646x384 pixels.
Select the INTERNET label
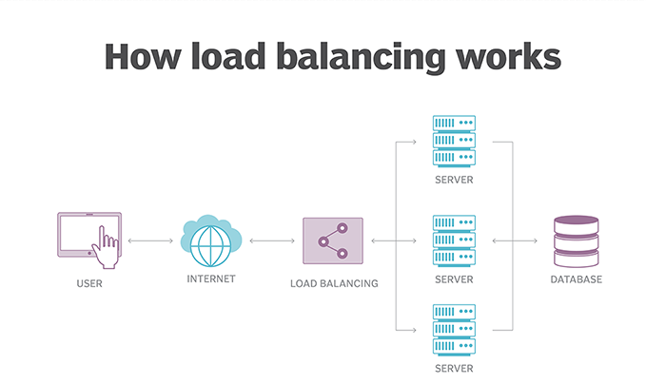click(x=210, y=279)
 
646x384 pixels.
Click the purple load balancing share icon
click(x=333, y=240)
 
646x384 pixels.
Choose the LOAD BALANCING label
click(x=334, y=282)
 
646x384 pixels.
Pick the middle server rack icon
click(x=454, y=240)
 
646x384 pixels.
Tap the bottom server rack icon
click(x=454, y=328)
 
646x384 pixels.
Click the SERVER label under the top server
click(x=454, y=179)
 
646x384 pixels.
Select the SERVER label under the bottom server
click(x=454, y=367)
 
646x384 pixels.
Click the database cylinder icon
click(x=576, y=241)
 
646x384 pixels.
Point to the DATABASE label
click(x=577, y=280)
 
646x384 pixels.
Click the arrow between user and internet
click(x=150, y=240)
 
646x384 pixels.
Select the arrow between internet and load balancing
click(x=272, y=240)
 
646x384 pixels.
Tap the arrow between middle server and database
click(x=514, y=240)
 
